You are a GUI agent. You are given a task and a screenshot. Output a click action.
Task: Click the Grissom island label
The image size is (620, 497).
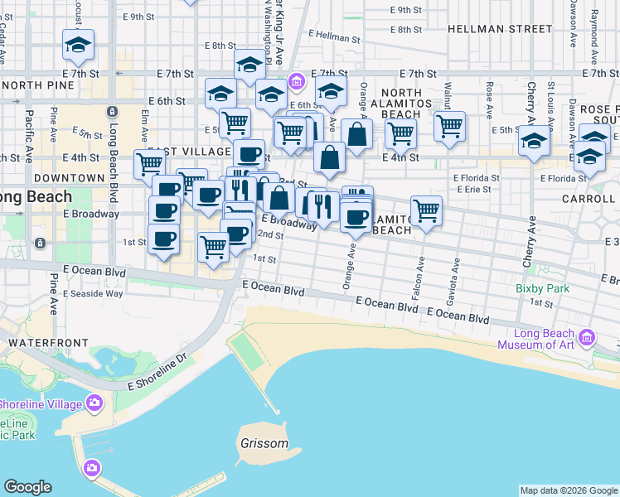(x=264, y=443)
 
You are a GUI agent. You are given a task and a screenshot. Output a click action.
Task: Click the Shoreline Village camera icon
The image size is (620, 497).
(x=94, y=403)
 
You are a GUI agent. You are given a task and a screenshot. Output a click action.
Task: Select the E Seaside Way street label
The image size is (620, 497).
(x=97, y=293)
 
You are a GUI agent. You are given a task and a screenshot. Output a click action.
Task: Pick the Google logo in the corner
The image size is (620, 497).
(x=27, y=487)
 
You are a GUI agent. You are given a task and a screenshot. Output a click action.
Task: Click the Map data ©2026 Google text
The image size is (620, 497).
(x=568, y=490)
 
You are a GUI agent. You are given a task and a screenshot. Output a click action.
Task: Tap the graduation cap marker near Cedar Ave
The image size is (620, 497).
(x=79, y=44)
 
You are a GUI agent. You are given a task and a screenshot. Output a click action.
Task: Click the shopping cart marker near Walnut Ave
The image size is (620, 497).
(x=449, y=126)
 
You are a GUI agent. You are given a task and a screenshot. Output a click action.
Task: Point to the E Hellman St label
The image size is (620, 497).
(x=335, y=38)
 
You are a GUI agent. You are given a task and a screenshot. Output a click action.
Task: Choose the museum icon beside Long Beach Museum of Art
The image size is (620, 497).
(x=587, y=338)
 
